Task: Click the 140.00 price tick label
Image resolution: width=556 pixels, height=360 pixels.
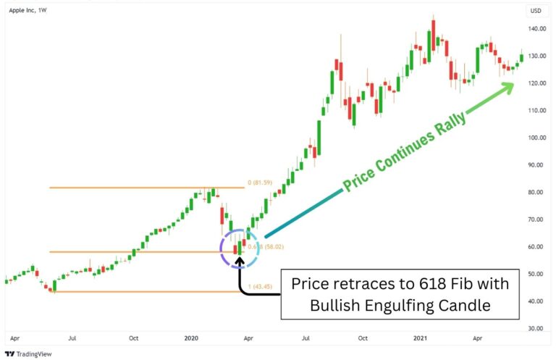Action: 537,29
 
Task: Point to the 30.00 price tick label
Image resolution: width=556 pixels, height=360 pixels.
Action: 537,328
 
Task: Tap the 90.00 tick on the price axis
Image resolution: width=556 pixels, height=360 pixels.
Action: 537,165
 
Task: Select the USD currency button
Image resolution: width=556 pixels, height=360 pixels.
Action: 536,11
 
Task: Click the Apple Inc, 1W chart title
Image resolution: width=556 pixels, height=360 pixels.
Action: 28,11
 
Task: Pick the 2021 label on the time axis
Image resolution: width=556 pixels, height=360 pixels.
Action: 420,338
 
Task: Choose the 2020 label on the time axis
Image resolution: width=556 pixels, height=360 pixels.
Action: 191,338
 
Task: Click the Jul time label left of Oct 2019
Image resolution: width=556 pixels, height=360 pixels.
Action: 72,338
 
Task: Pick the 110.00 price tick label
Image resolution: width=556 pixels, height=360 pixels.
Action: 537,111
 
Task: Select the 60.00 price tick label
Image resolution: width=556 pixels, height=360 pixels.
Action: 537,247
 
